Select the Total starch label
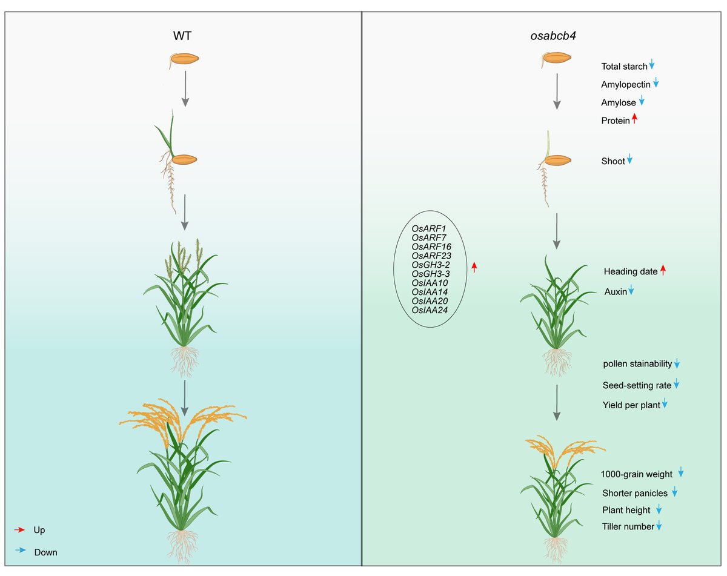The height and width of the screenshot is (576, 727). (x=623, y=67)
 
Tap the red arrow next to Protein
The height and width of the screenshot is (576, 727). (x=634, y=120)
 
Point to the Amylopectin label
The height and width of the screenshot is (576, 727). (x=625, y=85)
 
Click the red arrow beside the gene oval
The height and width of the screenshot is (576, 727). (x=474, y=266)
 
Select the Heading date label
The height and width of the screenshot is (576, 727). (x=630, y=272)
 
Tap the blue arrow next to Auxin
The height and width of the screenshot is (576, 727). (x=631, y=291)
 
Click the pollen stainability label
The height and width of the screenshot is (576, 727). (x=637, y=364)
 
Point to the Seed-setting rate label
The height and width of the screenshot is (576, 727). (x=637, y=385)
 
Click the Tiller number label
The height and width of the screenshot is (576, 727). (x=628, y=527)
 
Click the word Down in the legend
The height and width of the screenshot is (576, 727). (x=46, y=552)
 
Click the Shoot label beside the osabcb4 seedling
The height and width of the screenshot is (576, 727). (x=613, y=161)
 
